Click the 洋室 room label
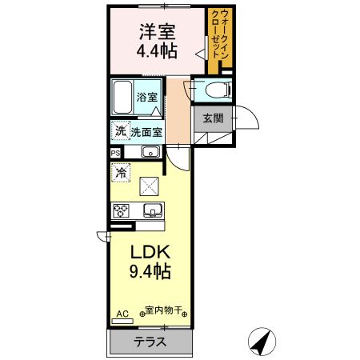[157, 33]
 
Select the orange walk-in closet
[218, 40]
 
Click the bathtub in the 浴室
[122, 98]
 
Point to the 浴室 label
[146, 97]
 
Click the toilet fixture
[210, 90]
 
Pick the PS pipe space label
[115, 152]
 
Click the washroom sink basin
[150, 151]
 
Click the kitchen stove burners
[122, 211]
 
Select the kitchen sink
[151, 211]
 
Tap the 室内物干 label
[165, 310]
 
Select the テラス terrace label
[150, 342]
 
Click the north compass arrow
[261, 342]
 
